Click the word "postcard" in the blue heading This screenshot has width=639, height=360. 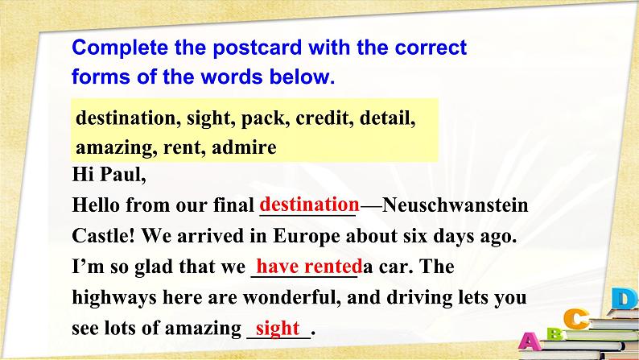[258, 48]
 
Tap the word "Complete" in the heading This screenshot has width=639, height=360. [120, 48]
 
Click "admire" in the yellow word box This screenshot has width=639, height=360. [244, 147]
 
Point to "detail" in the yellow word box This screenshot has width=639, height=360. [388, 118]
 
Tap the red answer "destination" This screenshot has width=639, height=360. [309, 205]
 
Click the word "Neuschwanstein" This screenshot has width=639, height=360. [456, 205]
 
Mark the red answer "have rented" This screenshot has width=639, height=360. [309, 267]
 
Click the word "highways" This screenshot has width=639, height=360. [114, 298]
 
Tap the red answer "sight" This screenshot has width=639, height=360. [278, 329]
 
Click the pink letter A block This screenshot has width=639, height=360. [529, 341]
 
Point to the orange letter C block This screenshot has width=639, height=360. [576, 318]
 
